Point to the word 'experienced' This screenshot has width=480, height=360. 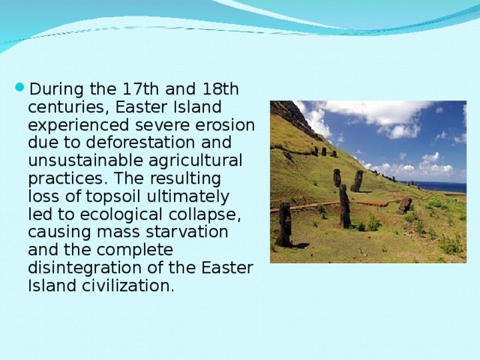[x=71, y=125]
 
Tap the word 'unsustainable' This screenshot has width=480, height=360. [x=77, y=160]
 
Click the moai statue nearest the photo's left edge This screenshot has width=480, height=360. [x=285, y=223]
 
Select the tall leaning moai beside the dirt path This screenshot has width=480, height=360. [x=344, y=206]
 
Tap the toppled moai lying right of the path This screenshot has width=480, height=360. [x=405, y=204]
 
